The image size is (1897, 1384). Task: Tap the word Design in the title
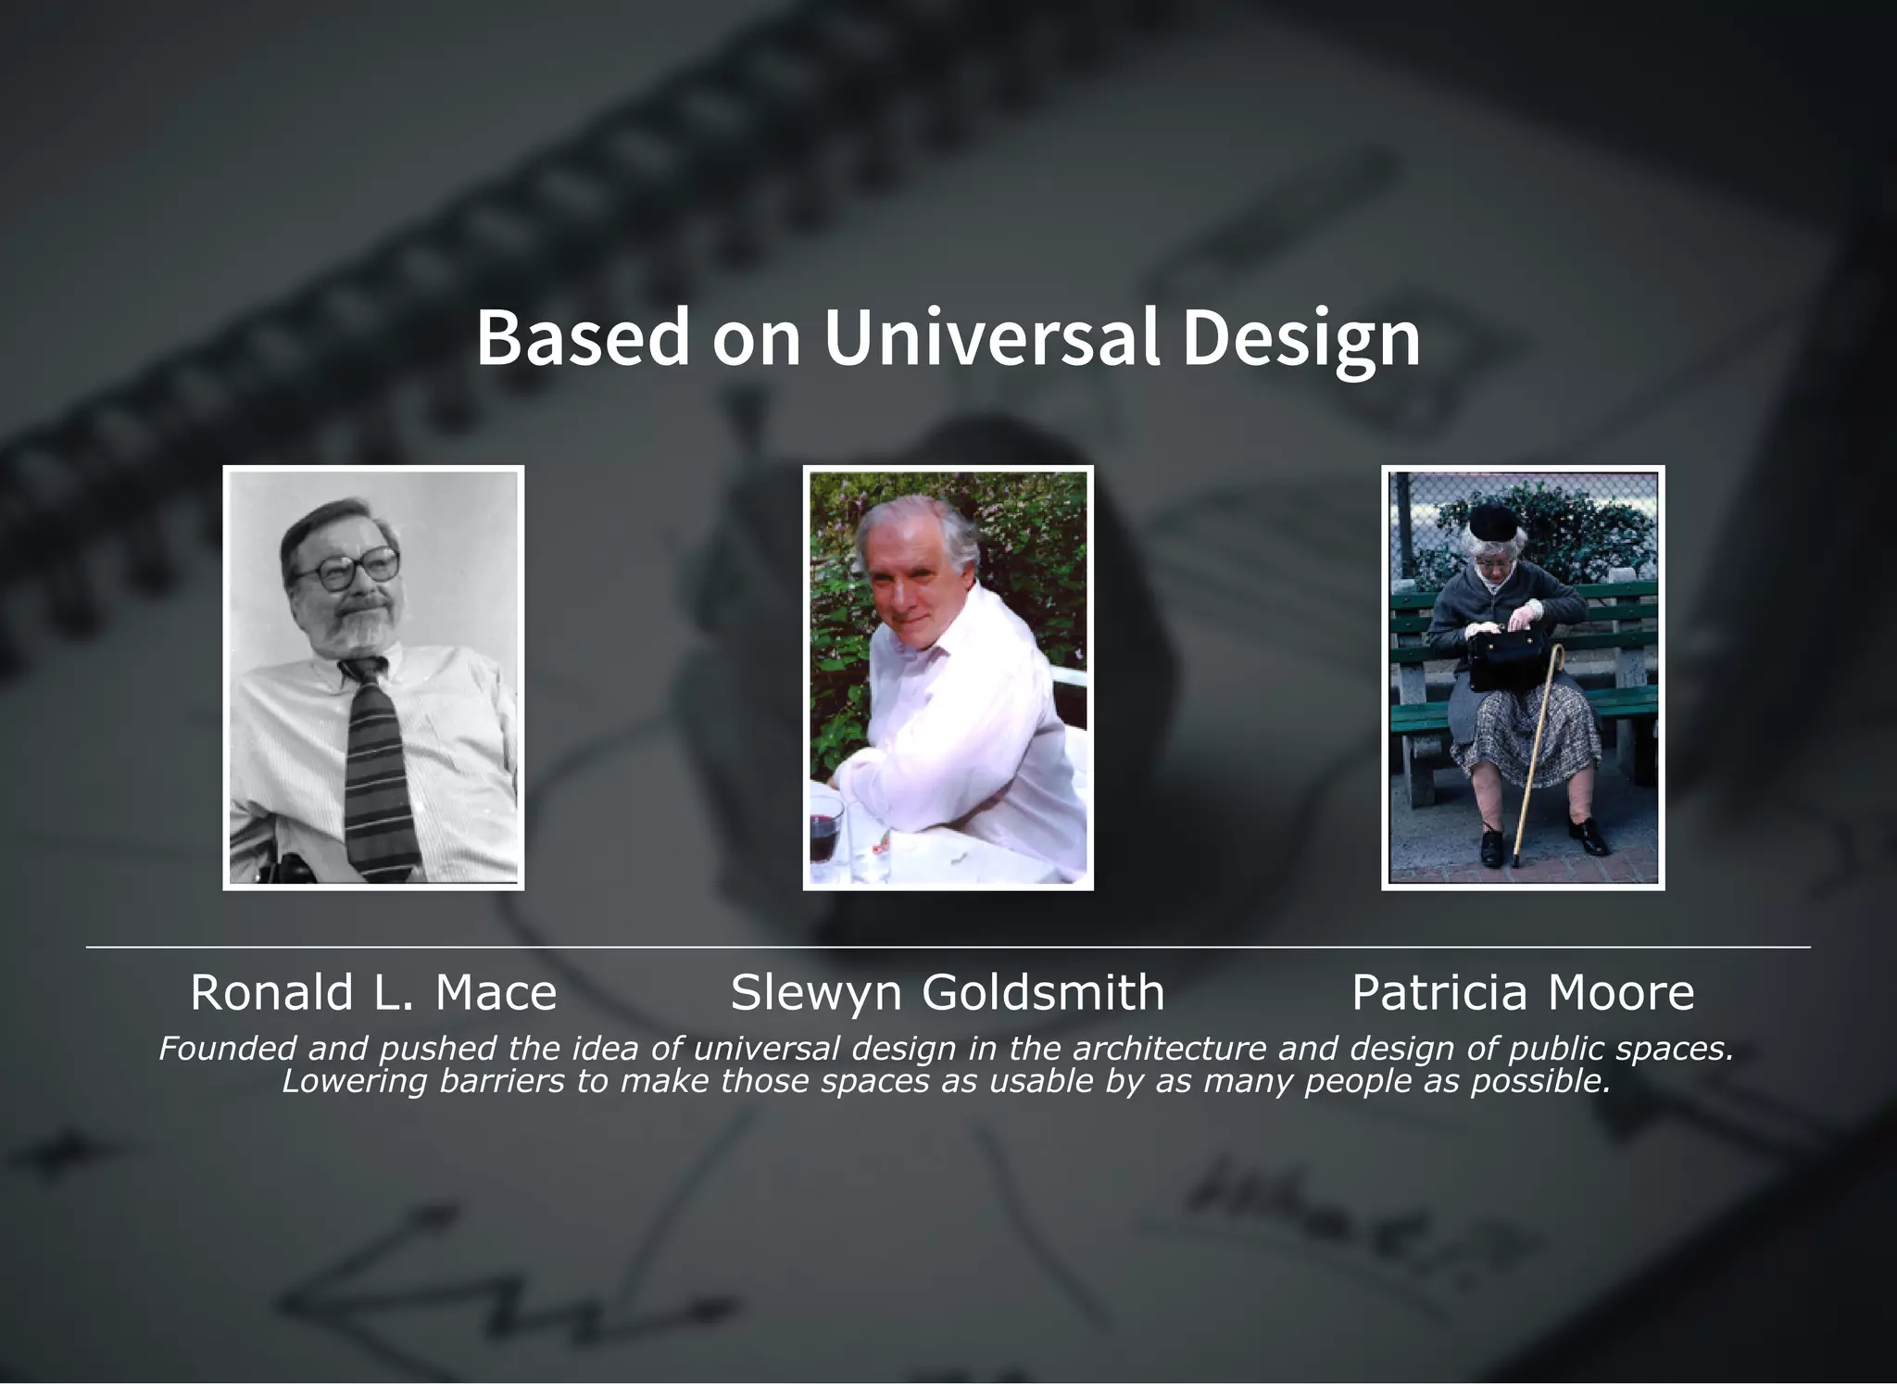pyautogui.click(x=1300, y=339)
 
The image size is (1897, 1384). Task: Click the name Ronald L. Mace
pyautogui.click(x=373, y=992)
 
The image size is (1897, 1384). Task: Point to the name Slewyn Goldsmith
pyautogui.click(x=948, y=992)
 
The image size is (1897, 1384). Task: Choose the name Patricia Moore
pyautogui.click(x=1523, y=992)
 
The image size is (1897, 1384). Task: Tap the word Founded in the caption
pyautogui.click(x=226, y=1049)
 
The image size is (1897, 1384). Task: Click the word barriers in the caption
pyautogui.click(x=501, y=1081)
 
